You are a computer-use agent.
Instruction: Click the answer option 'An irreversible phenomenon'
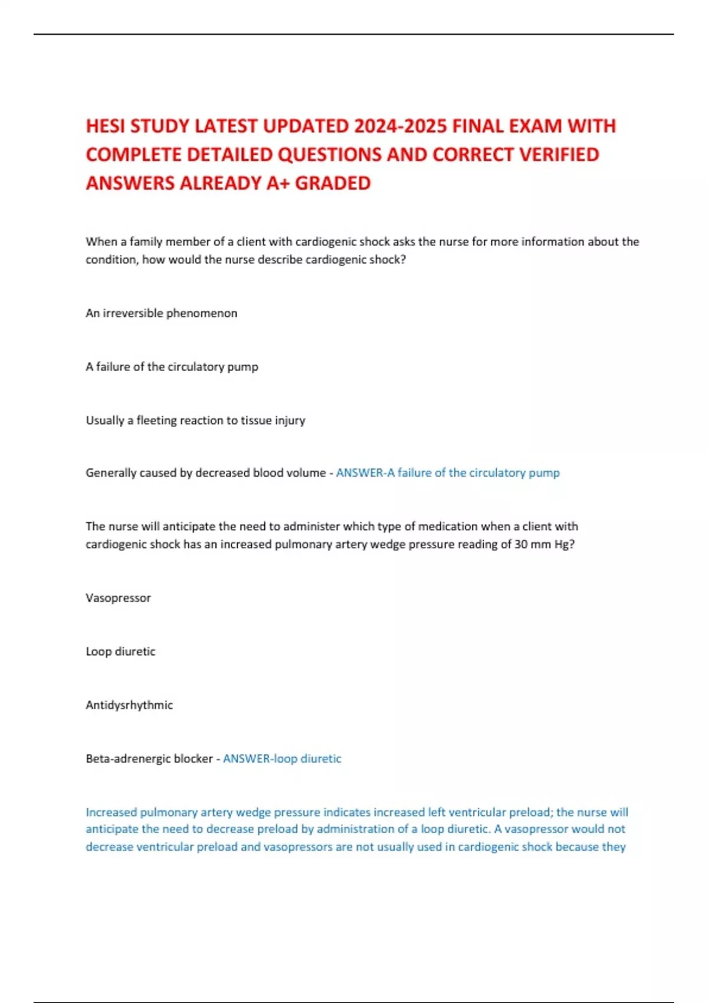tap(161, 313)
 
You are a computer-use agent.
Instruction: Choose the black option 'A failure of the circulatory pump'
tap(172, 367)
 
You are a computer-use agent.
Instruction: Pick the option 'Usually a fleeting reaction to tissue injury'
tap(195, 421)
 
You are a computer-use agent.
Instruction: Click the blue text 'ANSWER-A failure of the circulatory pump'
tap(447, 473)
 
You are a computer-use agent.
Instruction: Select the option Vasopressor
tap(118, 598)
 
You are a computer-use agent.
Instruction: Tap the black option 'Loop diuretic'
tap(120, 652)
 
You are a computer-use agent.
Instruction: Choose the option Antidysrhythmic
tap(129, 705)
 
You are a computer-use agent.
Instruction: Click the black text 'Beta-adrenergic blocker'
tap(149, 759)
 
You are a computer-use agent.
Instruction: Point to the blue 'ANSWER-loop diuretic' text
tap(282, 759)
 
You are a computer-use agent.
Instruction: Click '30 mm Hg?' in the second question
tap(544, 545)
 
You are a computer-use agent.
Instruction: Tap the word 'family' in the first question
tap(146, 242)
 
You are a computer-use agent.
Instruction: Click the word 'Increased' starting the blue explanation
tap(111, 812)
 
